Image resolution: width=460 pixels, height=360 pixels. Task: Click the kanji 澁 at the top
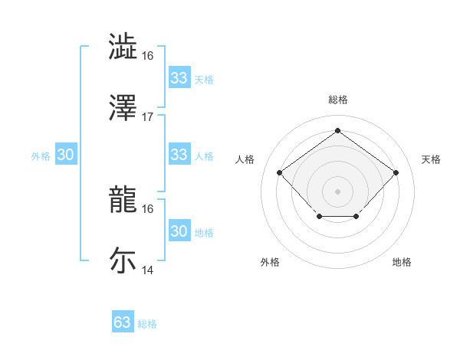pyautogui.click(x=123, y=46)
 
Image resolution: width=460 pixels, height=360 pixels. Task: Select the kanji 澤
pyautogui.click(x=123, y=108)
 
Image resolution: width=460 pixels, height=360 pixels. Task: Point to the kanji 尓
pyautogui.click(x=123, y=260)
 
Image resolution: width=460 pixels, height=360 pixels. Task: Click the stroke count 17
pyautogui.click(x=148, y=116)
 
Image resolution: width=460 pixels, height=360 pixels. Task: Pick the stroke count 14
pyautogui.click(x=148, y=270)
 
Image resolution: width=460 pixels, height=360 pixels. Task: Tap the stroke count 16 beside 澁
pyautogui.click(x=148, y=55)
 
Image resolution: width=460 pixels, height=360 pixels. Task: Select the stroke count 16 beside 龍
pyautogui.click(x=148, y=208)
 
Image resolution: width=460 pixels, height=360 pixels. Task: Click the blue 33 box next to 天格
pyautogui.click(x=179, y=78)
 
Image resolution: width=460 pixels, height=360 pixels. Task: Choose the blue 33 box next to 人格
pyautogui.click(x=179, y=155)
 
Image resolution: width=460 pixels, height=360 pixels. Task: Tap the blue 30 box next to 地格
pyautogui.click(x=179, y=231)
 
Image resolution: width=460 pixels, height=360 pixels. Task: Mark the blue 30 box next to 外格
pyautogui.click(x=65, y=155)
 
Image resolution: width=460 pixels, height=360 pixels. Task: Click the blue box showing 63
pyautogui.click(x=122, y=322)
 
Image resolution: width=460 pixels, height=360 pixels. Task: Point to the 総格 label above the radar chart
pyautogui.click(x=337, y=100)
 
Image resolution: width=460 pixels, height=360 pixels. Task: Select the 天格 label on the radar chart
pyautogui.click(x=431, y=159)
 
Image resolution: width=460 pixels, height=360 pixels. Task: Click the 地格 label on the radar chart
pyautogui.click(x=402, y=262)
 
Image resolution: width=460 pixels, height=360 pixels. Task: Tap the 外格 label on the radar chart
pyautogui.click(x=270, y=262)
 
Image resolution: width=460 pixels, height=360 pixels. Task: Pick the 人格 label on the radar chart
pyautogui.click(x=245, y=159)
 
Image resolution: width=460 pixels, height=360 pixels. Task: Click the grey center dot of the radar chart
pyautogui.click(x=337, y=191)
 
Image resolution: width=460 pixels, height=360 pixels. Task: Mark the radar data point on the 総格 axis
pyautogui.click(x=337, y=130)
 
